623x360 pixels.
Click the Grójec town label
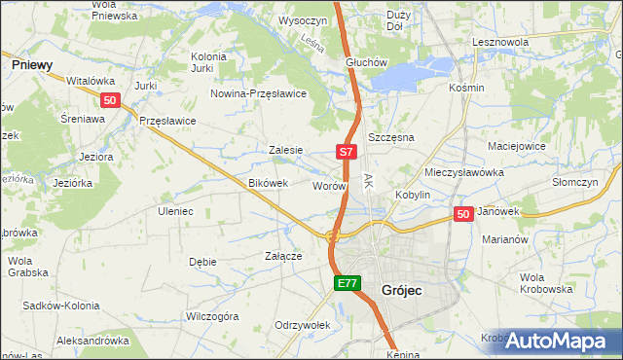click(402, 290)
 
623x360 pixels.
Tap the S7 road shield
click(348, 152)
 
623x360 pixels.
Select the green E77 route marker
click(348, 283)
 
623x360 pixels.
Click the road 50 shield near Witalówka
click(110, 99)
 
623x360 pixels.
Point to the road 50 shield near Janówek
click(463, 214)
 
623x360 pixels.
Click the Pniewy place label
click(31, 63)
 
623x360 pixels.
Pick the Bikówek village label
click(269, 183)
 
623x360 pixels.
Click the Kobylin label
click(413, 195)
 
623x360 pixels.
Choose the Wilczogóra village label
click(212, 316)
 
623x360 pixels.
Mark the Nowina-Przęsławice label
click(260, 93)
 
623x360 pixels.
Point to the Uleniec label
click(175, 211)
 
